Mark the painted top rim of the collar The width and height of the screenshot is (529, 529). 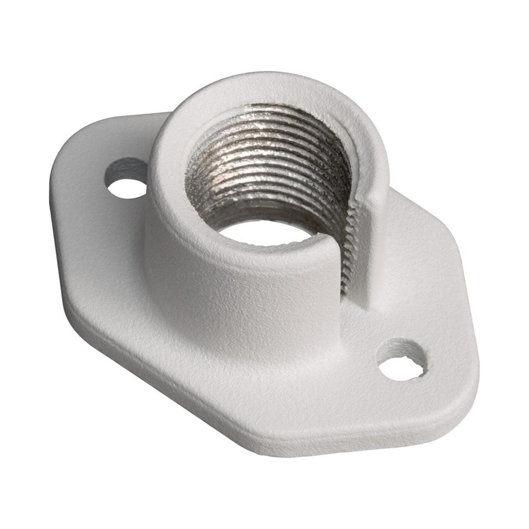[x=197, y=116]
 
